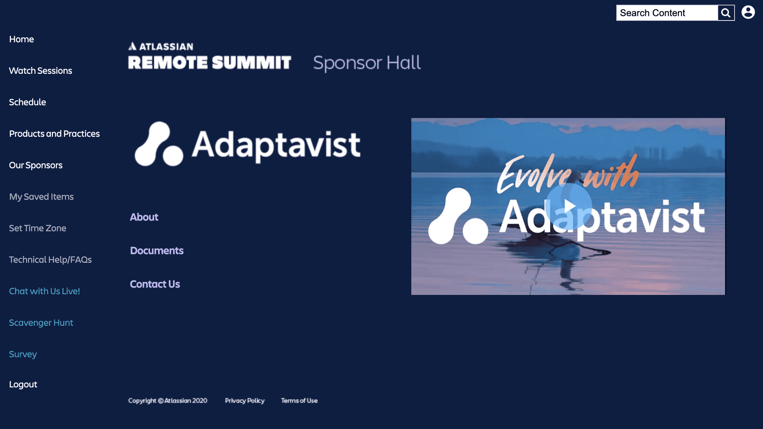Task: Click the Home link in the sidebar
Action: tap(22, 39)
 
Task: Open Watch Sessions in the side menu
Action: tap(41, 70)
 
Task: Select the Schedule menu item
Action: tap(28, 102)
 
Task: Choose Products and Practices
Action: tap(54, 133)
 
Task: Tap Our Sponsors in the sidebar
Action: tap(36, 165)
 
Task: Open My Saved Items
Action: tap(41, 196)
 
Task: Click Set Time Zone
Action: tap(38, 228)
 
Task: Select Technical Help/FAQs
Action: tap(50, 259)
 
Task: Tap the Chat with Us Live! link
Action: tap(44, 291)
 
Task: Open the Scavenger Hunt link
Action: tap(41, 323)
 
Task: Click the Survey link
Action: tap(23, 354)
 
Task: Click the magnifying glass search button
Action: tap(726, 13)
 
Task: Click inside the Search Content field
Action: tap(667, 13)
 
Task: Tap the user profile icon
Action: tap(748, 12)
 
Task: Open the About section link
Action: tap(144, 217)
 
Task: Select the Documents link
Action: tap(157, 250)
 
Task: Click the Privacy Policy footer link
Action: tap(245, 401)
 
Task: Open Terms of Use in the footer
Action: tap(299, 401)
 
